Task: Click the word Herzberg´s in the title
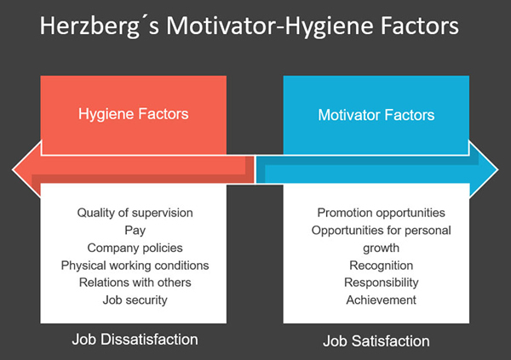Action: pyautogui.click(x=100, y=26)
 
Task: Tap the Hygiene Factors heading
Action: pyautogui.click(x=134, y=114)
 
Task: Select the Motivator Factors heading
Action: pyautogui.click(x=376, y=115)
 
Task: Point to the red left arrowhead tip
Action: pyautogui.click(x=13, y=169)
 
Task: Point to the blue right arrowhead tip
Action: pyautogui.click(x=498, y=169)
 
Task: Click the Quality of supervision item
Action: pyautogui.click(x=135, y=213)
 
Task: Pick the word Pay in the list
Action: pyautogui.click(x=135, y=231)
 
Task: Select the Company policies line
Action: pyautogui.click(x=135, y=248)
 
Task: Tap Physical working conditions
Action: pyautogui.click(x=135, y=266)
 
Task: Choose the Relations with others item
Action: pyautogui.click(x=135, y=283)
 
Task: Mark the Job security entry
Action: pyautogui.click(x=135, y=300)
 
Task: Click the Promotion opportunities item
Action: pyautogui.click(x=382, y=213)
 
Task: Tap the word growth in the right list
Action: pyautogui.click(x=381, y=249)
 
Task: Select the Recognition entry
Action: pyautogui.click(x=382, y=266)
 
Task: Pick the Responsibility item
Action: pyautogui.click(x=382, y=283)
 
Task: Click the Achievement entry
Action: pyautogui.click(x=382, y=300)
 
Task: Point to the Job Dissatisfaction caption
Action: pyautogui.click(x=135, y=340)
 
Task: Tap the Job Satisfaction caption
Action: pyautogui.click(x=376, y=341)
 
